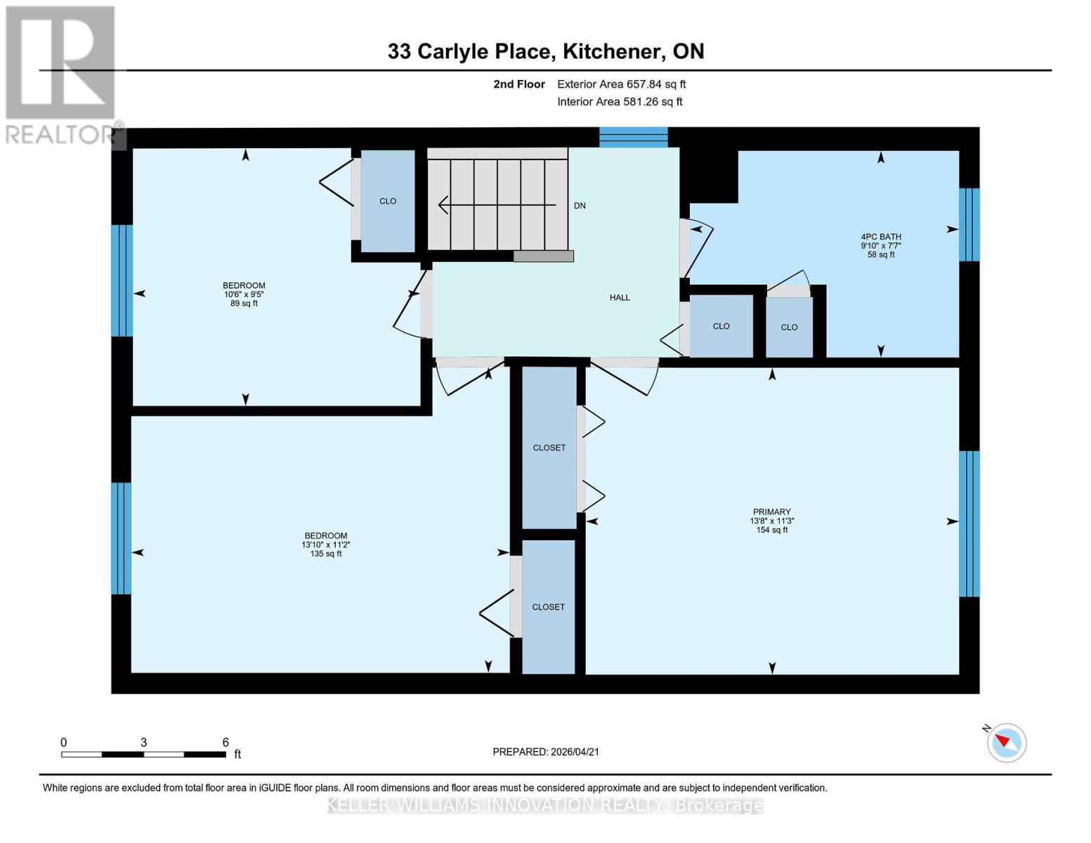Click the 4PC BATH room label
pyautogui.click(x=881, y=237)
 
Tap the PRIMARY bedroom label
pyautogui.click(x=771, y=512)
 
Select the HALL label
pyautogui.click(x=619, y=298)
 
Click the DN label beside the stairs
pyautogui.click(x=580, y=206)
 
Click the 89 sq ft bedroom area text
pyautogui.click(x=244, y=303)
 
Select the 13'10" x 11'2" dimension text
pyautogui.click(x=325, y=544)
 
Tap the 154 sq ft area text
pyautogui.click(x=771, y=530)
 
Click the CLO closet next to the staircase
pyautogui.click(x=388, y=201)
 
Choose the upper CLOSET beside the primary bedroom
pyautogui.click(x=549, y=447)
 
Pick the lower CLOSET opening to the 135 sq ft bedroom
pyautogui.click(x=548, y=607)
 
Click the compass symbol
pyautogui.click(x=1006, y=742)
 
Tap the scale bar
pyautogui.click(x=143, y=754)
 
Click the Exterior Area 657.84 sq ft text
pyautogui.click(x=621, y=84)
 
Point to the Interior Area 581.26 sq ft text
pyautogui.click(x=620, y=102)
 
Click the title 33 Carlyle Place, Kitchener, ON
pyautogui.click(x=545, y=51)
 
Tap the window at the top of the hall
pyautogui.click(x=633, y=137)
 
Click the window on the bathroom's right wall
pyautogui.click(x=969, y=224)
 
